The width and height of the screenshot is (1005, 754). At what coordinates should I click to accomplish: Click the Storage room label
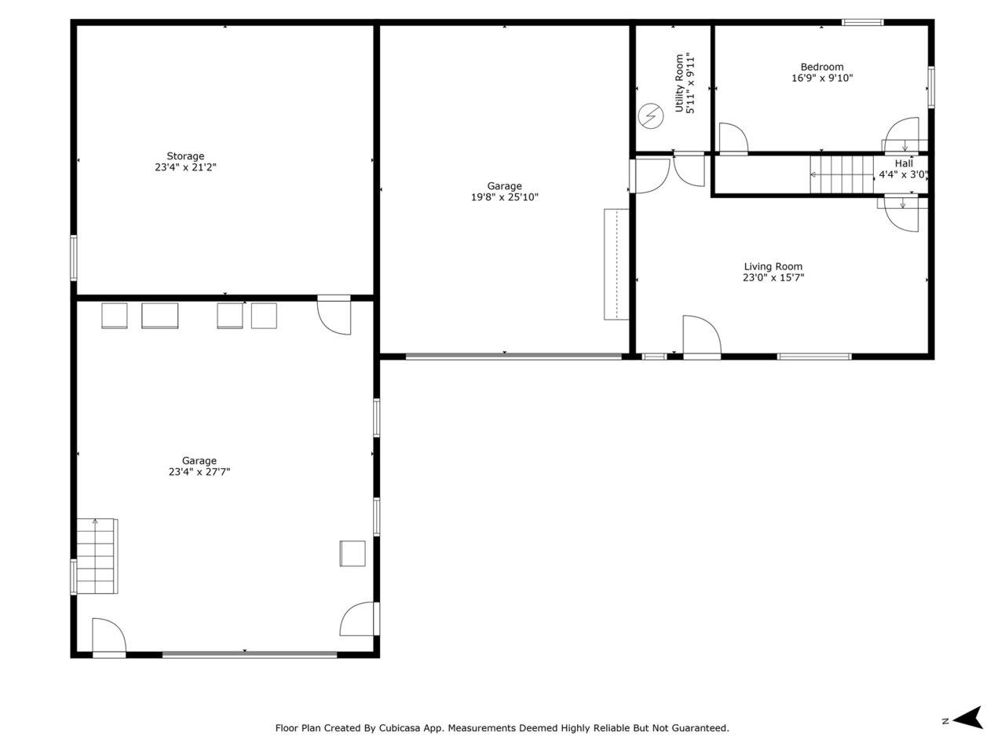(x=185, y=156)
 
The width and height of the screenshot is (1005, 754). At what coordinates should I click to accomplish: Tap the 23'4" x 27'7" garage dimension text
(x=199, y=472)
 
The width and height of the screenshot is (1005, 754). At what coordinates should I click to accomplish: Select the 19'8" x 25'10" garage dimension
(x=504, y=197)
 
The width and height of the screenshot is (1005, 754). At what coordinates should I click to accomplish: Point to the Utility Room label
(x=680, y=82)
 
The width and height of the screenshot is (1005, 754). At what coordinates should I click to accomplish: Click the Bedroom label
(x=822, y=68)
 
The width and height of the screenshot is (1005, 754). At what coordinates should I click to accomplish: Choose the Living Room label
(x=773, y=267)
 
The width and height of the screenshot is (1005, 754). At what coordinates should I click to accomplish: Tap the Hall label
(x=904, y=163)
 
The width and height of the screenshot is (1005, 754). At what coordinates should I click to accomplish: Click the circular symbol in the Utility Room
(x=650, y=116)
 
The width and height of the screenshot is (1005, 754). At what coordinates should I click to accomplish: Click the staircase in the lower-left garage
(x=97, y=555)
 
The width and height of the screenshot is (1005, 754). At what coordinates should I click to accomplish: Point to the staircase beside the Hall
(x=842, y=174)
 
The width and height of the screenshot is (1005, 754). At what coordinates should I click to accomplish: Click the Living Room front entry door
(x=702, y=338)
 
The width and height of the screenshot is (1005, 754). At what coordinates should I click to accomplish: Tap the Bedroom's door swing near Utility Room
(x=733, y=137)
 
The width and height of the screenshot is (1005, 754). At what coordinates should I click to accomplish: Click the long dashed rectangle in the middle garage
(x=616, y=264)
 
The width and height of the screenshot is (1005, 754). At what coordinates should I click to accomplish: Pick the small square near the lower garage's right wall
(x=353, y=553)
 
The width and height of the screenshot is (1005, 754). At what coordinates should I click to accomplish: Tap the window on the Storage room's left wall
(x=74, y=258)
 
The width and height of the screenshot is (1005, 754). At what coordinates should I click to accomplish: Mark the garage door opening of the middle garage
(x=513, y=357)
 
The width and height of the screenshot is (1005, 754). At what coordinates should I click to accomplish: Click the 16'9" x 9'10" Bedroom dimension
(x=822, y=79)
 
